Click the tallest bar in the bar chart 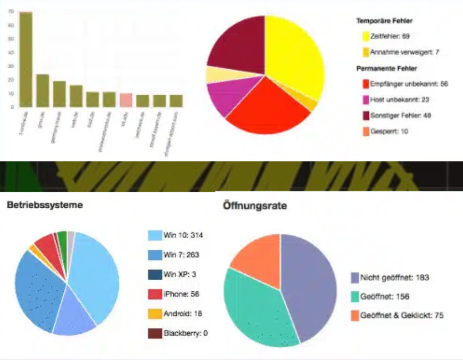click(x=26, y=59)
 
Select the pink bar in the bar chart click(x=126, y=100)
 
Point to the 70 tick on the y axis click(x=12, y=11)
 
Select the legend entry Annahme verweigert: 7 click(x=396, y=52)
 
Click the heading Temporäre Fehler click(x=384, y=21)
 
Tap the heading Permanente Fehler click(x=386, y=68)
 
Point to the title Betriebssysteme click(x=45, y=204)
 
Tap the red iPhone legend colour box click(x=154, y=294)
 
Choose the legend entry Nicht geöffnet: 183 click(x=394, y=277)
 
